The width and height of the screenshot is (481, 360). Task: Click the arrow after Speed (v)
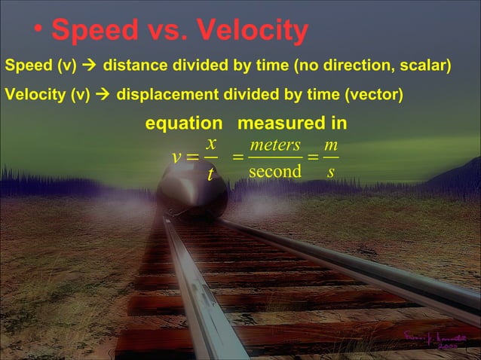click(89, 67)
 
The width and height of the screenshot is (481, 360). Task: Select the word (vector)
click(375, 96)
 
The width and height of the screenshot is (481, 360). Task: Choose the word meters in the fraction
click(275, 144)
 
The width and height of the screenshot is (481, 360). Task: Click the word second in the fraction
click(275, 172)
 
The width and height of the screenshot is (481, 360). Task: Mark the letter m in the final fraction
click(330, 144)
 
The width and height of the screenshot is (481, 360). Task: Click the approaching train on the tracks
click(192, 191)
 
